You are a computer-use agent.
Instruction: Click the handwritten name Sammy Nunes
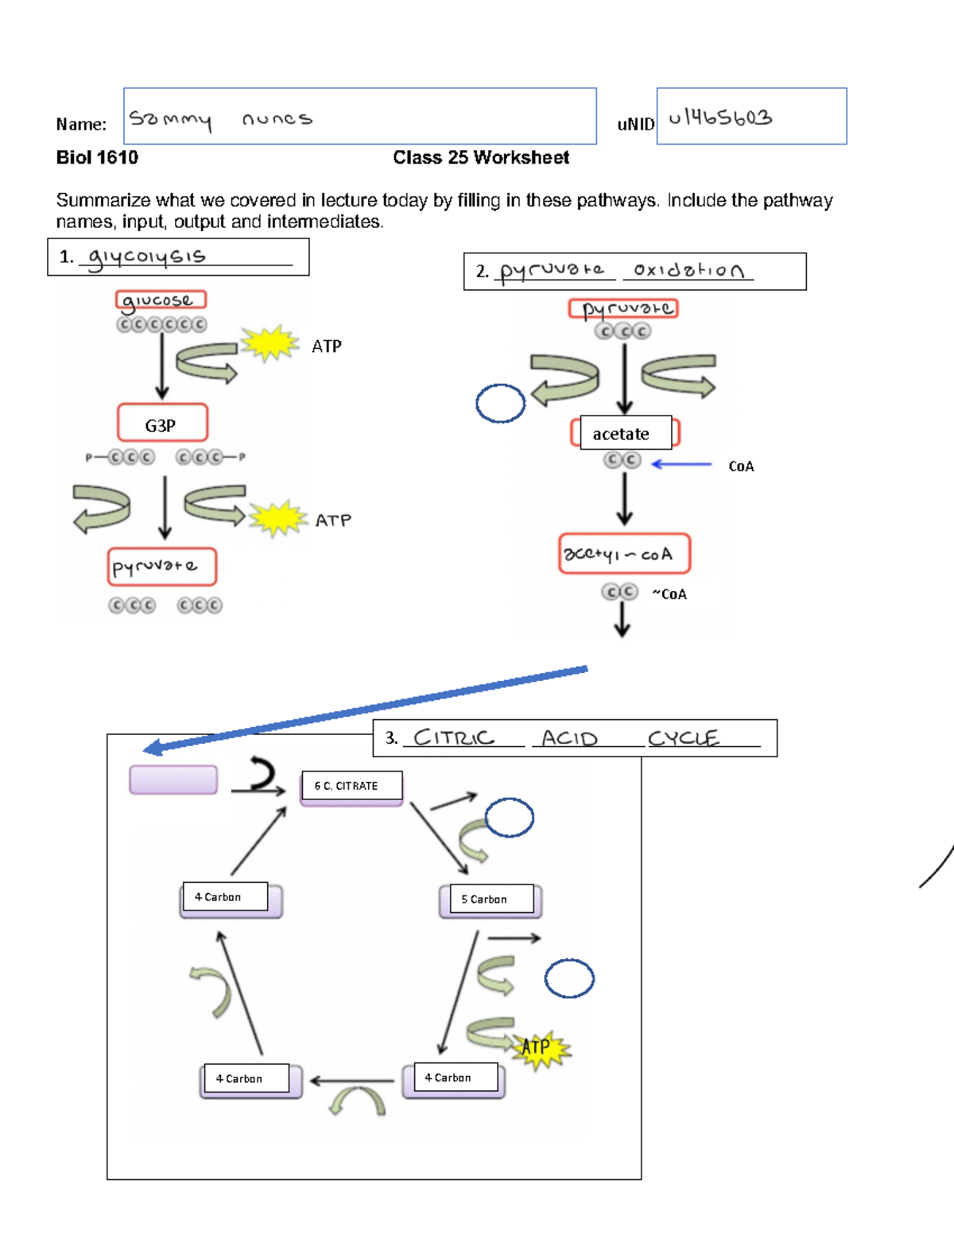pyautogui.click(x=221, y=119)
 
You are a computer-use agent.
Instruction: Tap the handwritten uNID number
pyautogui.click(x=720, y=118)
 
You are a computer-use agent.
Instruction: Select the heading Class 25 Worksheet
pyautogui.click(x=480, y=157)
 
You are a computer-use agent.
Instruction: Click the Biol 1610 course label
pyautogui.click(x=97, y=157)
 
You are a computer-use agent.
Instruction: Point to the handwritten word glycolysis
pyautogui.click(x=147, y=257)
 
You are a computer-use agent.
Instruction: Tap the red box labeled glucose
pyautogui.click(x=161, y=300)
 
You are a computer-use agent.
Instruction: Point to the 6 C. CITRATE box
pyautogui.click(x=351, y=786)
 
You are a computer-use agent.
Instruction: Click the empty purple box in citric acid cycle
pyautogui.click(x=173, y=779)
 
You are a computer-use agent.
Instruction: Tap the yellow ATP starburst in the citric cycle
pyautogui.click(x=540, y=1048)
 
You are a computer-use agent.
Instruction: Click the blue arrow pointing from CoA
pyautogui.click(x=681, y=464)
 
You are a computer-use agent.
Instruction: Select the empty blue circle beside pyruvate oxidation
pyautogui.click(x=500, y=403)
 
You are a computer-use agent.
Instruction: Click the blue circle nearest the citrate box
pyautogui.click(x=509, y=818)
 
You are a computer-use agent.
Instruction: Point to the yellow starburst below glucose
pyautogui.click(x=270, y=343)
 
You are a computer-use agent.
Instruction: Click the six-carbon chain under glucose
pyautogui.click(x=161, y=324)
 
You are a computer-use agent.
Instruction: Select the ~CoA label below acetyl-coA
pyautogui.click(x=669, y=594)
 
